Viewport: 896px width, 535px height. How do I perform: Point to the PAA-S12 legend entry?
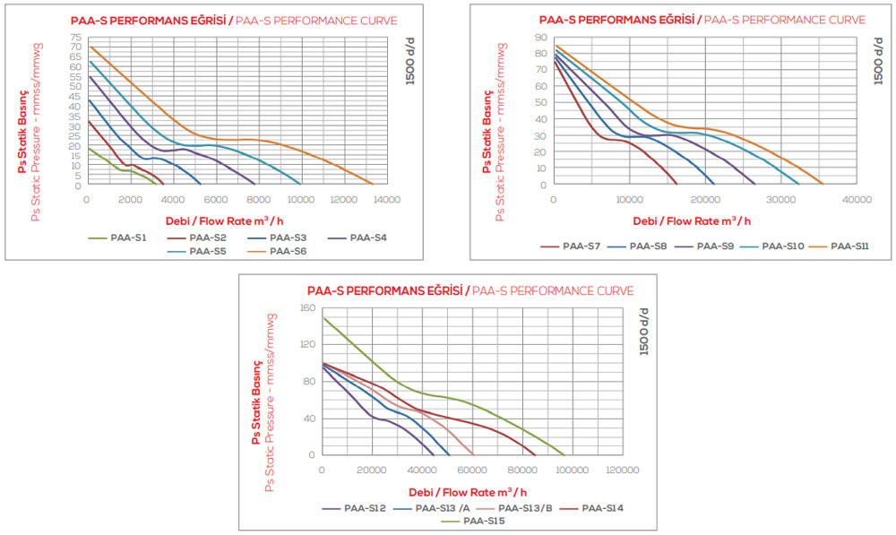pos(365,508)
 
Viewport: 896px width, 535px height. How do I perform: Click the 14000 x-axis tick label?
pos(386,199)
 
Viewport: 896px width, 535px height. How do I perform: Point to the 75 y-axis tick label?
pos(76,38)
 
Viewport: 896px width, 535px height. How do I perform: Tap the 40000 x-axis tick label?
pos(857,199)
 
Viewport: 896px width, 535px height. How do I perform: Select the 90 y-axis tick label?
pos(541,38)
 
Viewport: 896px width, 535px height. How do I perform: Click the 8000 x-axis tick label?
pos(258,199)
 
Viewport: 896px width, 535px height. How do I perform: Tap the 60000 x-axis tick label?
pos(471,469)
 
